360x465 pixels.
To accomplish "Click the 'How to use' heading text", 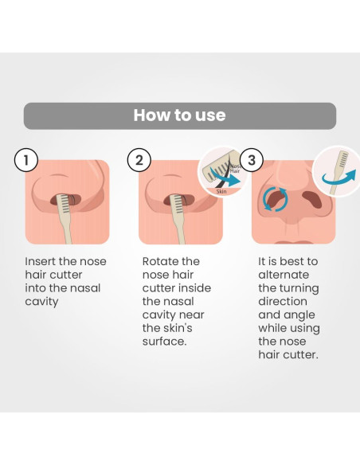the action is coord(179,115).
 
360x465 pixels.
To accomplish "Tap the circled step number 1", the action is coord(26,160).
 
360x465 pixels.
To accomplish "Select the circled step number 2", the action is coord(139,160).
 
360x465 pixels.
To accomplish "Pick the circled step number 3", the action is coord(252,160).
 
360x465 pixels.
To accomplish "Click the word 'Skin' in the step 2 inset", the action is coord(221,192).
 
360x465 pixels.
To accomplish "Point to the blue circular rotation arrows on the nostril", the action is coord(276,199).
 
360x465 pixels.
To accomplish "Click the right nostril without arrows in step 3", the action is coord(312,200).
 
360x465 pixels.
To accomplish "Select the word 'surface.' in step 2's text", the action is coord(165,342).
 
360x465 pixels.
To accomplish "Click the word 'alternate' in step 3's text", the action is coord(284,275).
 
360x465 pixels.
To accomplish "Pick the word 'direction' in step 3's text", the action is coord(283,302).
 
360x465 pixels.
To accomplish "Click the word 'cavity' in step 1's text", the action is coord(41,302).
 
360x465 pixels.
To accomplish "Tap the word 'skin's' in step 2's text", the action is coord(178,328).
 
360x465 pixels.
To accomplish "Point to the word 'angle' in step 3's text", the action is coord(299,315).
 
